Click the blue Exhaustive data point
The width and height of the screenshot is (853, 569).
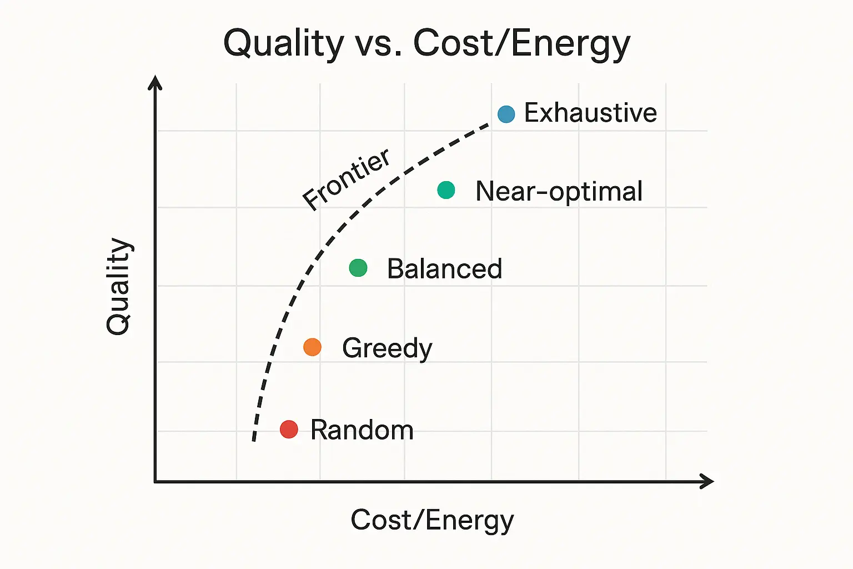506,114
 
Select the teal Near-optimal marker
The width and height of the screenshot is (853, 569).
446,190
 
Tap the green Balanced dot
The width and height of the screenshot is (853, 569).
358,268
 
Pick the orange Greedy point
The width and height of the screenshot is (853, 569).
312,347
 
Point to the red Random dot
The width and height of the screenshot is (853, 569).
289,429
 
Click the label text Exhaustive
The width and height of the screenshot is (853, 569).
590,113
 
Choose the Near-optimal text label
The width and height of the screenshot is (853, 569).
559,191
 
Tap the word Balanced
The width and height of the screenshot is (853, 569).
444,269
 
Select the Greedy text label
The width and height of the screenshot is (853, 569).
387,348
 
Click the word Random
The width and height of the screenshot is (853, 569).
362,430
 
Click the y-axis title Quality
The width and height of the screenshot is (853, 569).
118,286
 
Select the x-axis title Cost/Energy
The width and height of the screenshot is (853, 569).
432,521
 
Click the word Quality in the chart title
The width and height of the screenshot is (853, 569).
283,43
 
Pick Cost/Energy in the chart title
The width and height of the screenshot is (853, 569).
522,43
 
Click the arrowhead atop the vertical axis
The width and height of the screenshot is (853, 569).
155,82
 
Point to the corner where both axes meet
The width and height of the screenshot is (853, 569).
155,481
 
